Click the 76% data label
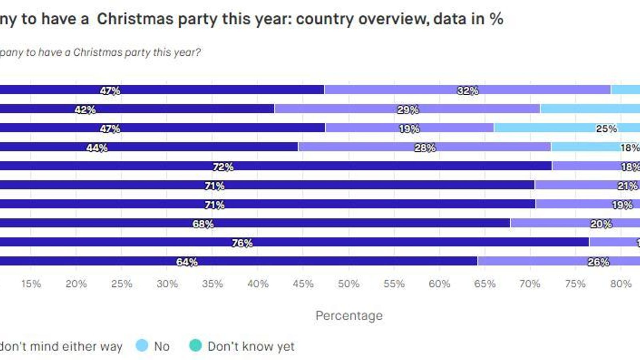tap(242, 243)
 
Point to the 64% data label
tap(187, 262)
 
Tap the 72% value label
tap(223, 167)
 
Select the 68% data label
tap(203, 224)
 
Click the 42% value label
tap(85, 110)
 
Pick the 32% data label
tap(468, 91)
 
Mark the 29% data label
tap(408, 110)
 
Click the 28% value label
tap(425, 148)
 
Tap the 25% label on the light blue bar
tap(606, 129)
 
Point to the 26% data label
tap(598, 262)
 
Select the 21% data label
tap(628, 186)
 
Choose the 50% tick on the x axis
tap(348, 284)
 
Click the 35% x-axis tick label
tap(212, 284)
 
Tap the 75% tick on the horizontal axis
tap(575, 284)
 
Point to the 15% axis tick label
tap(31, 284)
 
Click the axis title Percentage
tap(349, 316)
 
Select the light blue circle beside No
tap(142, 345)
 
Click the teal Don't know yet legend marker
tap(195, 345)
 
